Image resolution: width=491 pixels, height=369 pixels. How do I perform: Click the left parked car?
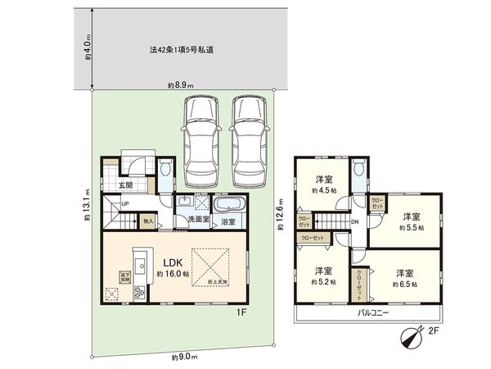point(202,141)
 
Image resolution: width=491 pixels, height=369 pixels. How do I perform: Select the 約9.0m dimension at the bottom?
point(185,358)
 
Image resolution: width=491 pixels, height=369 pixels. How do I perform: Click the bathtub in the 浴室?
point(227,205)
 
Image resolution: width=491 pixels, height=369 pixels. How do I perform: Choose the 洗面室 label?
point(197,220)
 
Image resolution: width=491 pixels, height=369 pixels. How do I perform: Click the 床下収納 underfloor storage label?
point(125,276)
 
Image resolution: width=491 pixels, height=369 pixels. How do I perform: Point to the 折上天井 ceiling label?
point(218,282)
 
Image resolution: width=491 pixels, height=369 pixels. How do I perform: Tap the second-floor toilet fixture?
point(358,173)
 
